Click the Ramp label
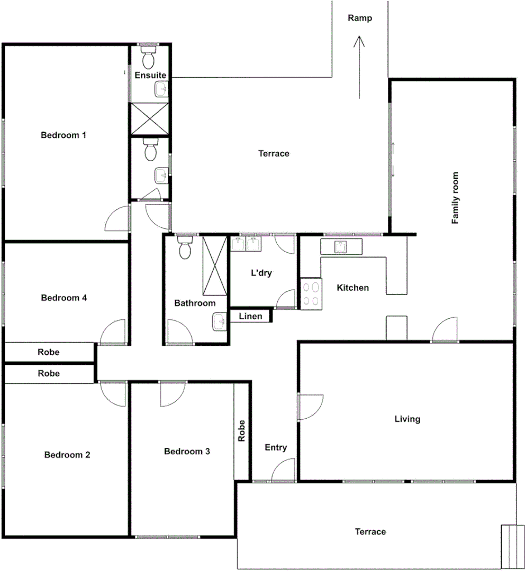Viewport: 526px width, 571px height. pos(360,18)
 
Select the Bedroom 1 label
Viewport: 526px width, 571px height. pos(64,135)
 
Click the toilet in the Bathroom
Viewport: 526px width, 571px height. pos(185,248)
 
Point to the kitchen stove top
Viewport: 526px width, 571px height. pos(311,294)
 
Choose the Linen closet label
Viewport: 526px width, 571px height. pos(250,317)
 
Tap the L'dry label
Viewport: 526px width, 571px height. pos(261,273)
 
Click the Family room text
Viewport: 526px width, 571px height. pos(455,198)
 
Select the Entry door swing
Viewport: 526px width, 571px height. pos(284,470)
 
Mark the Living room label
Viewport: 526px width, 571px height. pos(407,419)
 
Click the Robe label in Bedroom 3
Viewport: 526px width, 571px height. pos(242,431)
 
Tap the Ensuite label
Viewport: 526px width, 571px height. pos(150,76)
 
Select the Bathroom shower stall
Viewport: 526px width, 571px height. pos(214,266)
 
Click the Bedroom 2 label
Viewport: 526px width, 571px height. pos(67,455)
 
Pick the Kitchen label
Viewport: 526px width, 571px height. pos(353,288)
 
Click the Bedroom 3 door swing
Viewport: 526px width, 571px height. pos(173,394)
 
